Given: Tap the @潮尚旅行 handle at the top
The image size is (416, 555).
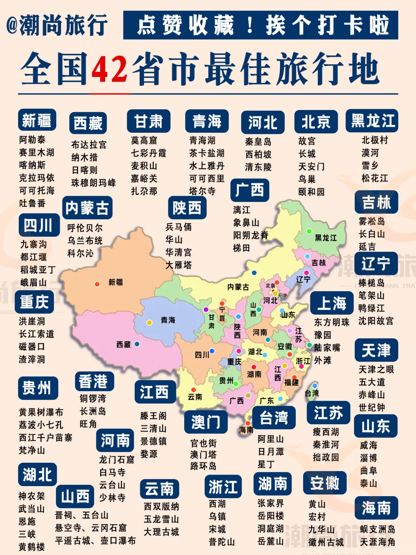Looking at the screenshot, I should pos(57,25).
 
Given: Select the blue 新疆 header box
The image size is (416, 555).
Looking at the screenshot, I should pos(37,120).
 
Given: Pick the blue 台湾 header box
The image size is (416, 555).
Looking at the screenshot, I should pos(274,418).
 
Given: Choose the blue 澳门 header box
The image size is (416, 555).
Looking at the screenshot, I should pos(206,422).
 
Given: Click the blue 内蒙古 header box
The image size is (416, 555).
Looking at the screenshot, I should pos(87,208).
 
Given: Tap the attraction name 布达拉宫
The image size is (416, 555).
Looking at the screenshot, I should pos(89,145).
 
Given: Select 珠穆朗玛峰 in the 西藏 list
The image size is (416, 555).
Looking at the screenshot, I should pos(94,183).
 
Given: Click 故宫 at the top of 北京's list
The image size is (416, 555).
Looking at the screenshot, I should pos(307,141).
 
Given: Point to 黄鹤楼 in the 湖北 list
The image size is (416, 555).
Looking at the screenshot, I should pos(32,547).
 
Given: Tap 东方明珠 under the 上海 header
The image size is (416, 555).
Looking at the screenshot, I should pos(332,322).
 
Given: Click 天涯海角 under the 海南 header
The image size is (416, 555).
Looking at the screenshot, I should pos(377,542).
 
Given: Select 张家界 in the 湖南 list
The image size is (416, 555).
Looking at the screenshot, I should pos(271,503).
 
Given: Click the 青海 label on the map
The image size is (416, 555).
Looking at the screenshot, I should pos(168,320).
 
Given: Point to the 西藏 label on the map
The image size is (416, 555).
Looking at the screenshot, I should pos(124,345).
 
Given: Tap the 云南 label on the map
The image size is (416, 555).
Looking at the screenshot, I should pos(195,397).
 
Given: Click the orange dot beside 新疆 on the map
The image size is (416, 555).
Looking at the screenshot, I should pos(97,284).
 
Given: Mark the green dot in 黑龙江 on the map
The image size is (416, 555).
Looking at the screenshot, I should pos(309,231).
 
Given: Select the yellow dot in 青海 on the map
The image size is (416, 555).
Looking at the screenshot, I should pos(149,323).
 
